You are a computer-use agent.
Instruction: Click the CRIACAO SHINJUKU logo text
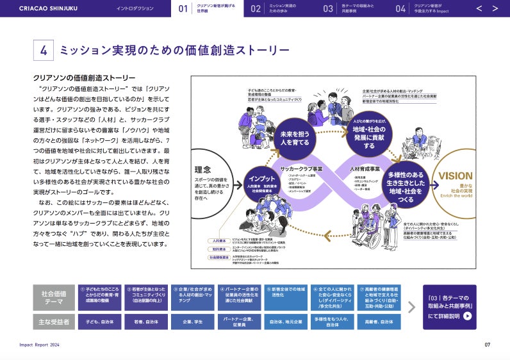pos(48,8)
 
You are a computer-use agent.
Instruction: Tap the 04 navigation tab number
pos(400,8)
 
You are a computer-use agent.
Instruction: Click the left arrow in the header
pos(479,8)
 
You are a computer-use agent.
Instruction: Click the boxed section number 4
pos(43,51)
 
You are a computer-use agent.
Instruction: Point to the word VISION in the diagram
pos(456,176)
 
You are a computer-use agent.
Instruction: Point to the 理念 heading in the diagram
pos(202,170)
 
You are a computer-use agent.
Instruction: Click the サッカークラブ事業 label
pos(300,168)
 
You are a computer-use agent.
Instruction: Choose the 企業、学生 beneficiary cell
pos(192,321)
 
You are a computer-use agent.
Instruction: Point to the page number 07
pos(487,345)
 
